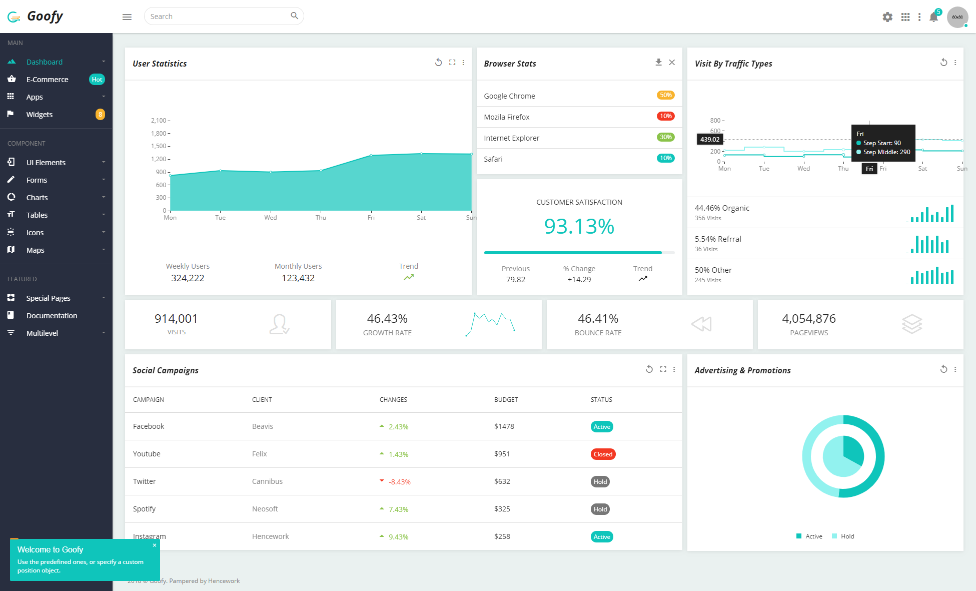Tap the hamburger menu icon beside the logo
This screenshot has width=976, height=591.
point(127,17)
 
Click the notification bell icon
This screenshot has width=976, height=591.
point(933,17)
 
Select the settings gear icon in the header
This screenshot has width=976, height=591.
point(887,17)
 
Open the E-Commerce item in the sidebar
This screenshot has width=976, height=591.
point(47,79)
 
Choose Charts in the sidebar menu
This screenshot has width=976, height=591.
point(37,197)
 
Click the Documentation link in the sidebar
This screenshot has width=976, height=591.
point(52,315)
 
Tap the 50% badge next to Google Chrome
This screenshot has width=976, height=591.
point(665,95)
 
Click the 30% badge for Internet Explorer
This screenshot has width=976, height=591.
point(665,137)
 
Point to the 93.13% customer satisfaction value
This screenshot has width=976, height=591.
point(579,226)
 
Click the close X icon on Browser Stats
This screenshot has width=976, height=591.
point(672,62)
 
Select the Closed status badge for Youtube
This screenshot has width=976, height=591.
point(603,454)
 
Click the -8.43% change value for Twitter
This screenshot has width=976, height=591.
point(399,481)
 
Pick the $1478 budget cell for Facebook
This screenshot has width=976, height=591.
point(504,426)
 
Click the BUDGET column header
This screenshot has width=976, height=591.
point(506,399)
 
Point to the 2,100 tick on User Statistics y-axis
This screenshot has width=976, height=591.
point(159,121)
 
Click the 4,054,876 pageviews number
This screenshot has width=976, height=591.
point(809,318)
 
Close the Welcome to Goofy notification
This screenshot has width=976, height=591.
point(155,545)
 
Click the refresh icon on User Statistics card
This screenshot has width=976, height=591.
point(438,62)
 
